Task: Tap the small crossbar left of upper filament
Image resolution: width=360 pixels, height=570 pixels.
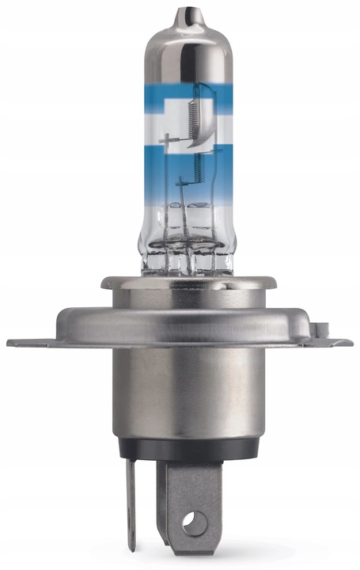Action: click(169, 142)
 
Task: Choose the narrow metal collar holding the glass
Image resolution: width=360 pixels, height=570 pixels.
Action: click(183, 283)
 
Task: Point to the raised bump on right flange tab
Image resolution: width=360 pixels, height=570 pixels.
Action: click(322, 326)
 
